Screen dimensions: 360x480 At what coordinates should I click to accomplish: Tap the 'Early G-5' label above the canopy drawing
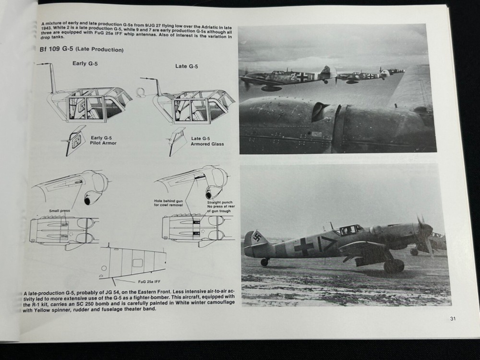coord(85,63)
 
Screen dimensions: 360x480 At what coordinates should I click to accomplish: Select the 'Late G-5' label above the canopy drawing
coord(187,66)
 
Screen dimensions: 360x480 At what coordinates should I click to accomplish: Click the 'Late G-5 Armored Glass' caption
coord(207,141)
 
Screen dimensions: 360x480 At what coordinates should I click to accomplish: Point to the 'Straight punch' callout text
coord(220,203)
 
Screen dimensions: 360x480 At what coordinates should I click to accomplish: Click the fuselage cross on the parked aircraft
coord(304,246)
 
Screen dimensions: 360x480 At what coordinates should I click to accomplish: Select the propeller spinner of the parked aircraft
coord(427,229)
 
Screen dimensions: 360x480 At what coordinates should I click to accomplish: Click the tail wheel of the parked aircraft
coord(264,262)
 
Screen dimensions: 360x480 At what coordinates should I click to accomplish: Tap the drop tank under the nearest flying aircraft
coord(271,88)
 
